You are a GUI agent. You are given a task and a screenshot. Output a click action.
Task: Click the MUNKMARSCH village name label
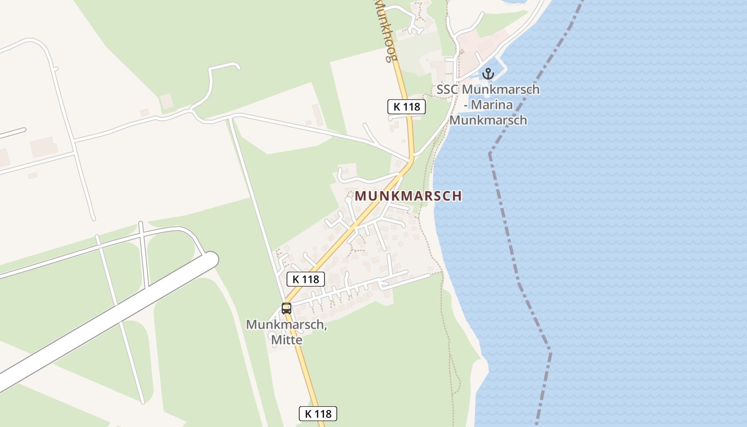(408, 196)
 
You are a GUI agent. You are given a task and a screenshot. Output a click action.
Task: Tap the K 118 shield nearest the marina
(407, 107)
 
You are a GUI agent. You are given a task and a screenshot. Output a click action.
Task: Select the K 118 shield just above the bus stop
(306, 279)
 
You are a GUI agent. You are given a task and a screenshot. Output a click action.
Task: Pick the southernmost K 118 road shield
(317, 414)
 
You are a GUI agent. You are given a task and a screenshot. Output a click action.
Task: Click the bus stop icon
(287, 308)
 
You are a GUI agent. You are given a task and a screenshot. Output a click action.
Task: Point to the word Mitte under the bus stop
(287, 339)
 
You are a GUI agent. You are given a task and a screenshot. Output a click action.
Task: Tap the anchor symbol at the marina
(488, 74)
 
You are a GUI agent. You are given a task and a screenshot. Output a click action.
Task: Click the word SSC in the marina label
(448, 90)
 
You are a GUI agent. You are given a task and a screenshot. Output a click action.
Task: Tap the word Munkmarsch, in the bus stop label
(286, 325)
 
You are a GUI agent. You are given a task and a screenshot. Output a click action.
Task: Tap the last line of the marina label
(488, 120)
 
